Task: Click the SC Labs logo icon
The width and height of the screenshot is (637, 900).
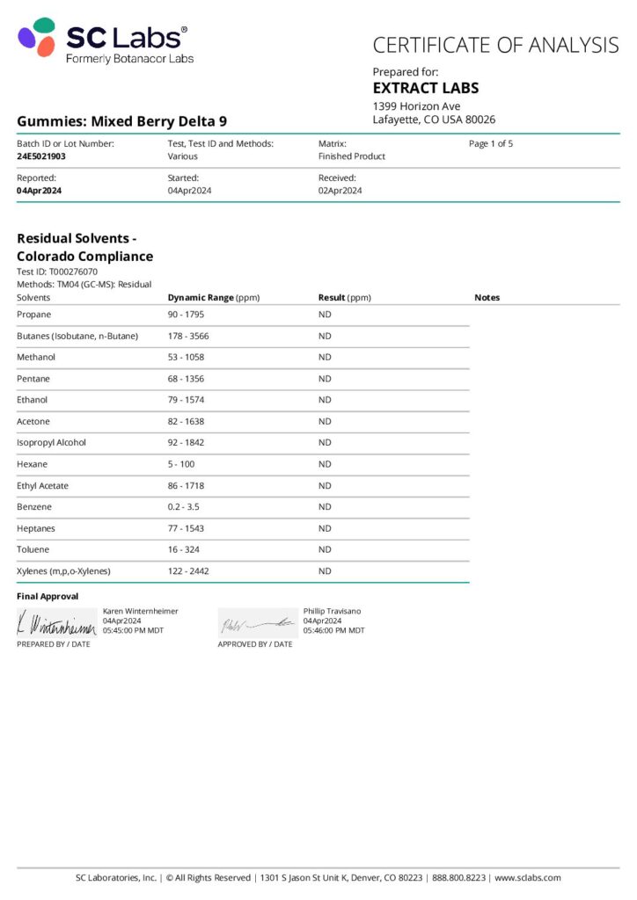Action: tap(37, 37)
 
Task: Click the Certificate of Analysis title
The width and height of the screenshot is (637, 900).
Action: tap(495, 44)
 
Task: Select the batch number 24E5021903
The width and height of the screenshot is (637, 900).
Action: tap(41, 156)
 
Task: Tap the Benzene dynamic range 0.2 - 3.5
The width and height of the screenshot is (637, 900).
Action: tap(185, 507)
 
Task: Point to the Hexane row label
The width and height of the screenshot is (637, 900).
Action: tap(33, 464)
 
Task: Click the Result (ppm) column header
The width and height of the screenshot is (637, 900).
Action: tap(344, 298)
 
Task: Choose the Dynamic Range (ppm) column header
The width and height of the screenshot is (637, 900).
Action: tap(214, 298)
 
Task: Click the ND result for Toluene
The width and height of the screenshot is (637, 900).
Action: tap(325, 549)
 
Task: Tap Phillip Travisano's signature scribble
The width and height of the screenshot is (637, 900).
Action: tap(257, 623)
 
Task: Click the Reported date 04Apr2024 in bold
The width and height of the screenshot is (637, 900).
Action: tap(39, 191)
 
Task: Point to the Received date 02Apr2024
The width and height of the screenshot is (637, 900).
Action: tap(340, 191)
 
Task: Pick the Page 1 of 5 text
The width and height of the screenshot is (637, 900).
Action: tap(491, 143)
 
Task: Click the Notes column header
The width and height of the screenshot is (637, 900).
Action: tap(487, 298)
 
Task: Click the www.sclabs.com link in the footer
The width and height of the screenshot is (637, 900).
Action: tap(527, 878)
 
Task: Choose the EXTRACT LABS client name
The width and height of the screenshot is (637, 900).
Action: tap(425, 88)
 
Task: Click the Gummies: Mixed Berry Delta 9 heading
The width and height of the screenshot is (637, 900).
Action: tap(121, 121)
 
